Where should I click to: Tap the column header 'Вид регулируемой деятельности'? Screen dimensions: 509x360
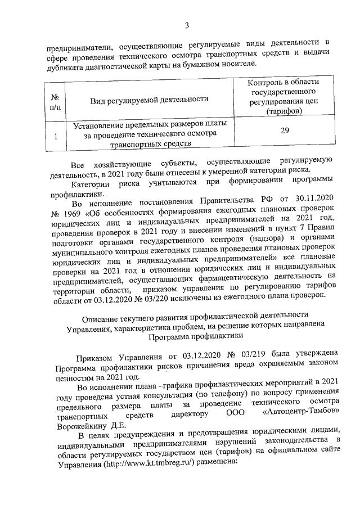click(150, 100)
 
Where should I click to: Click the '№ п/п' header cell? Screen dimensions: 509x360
click(55, 100)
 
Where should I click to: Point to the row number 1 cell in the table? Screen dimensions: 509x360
click(55, 136)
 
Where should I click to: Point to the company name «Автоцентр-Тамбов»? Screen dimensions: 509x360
click(301, 415)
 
